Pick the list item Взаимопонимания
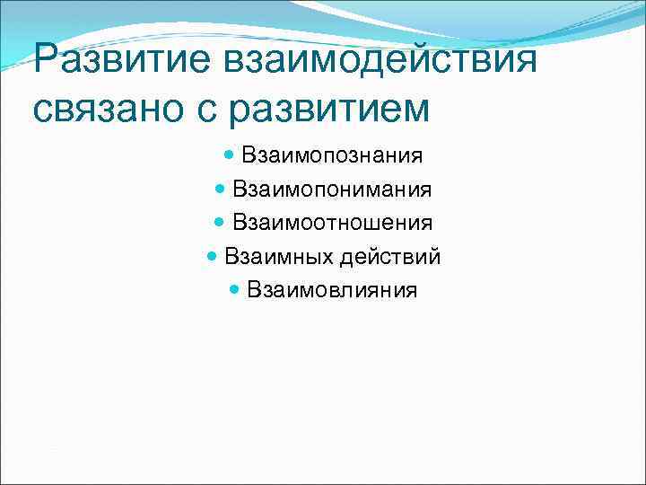[332, 190]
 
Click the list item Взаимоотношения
[332, 223]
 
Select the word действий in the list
[389, 257]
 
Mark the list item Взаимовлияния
[332, 290]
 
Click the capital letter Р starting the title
[45, 62]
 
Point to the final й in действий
[435, 257]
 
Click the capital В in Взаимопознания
[248, 155]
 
